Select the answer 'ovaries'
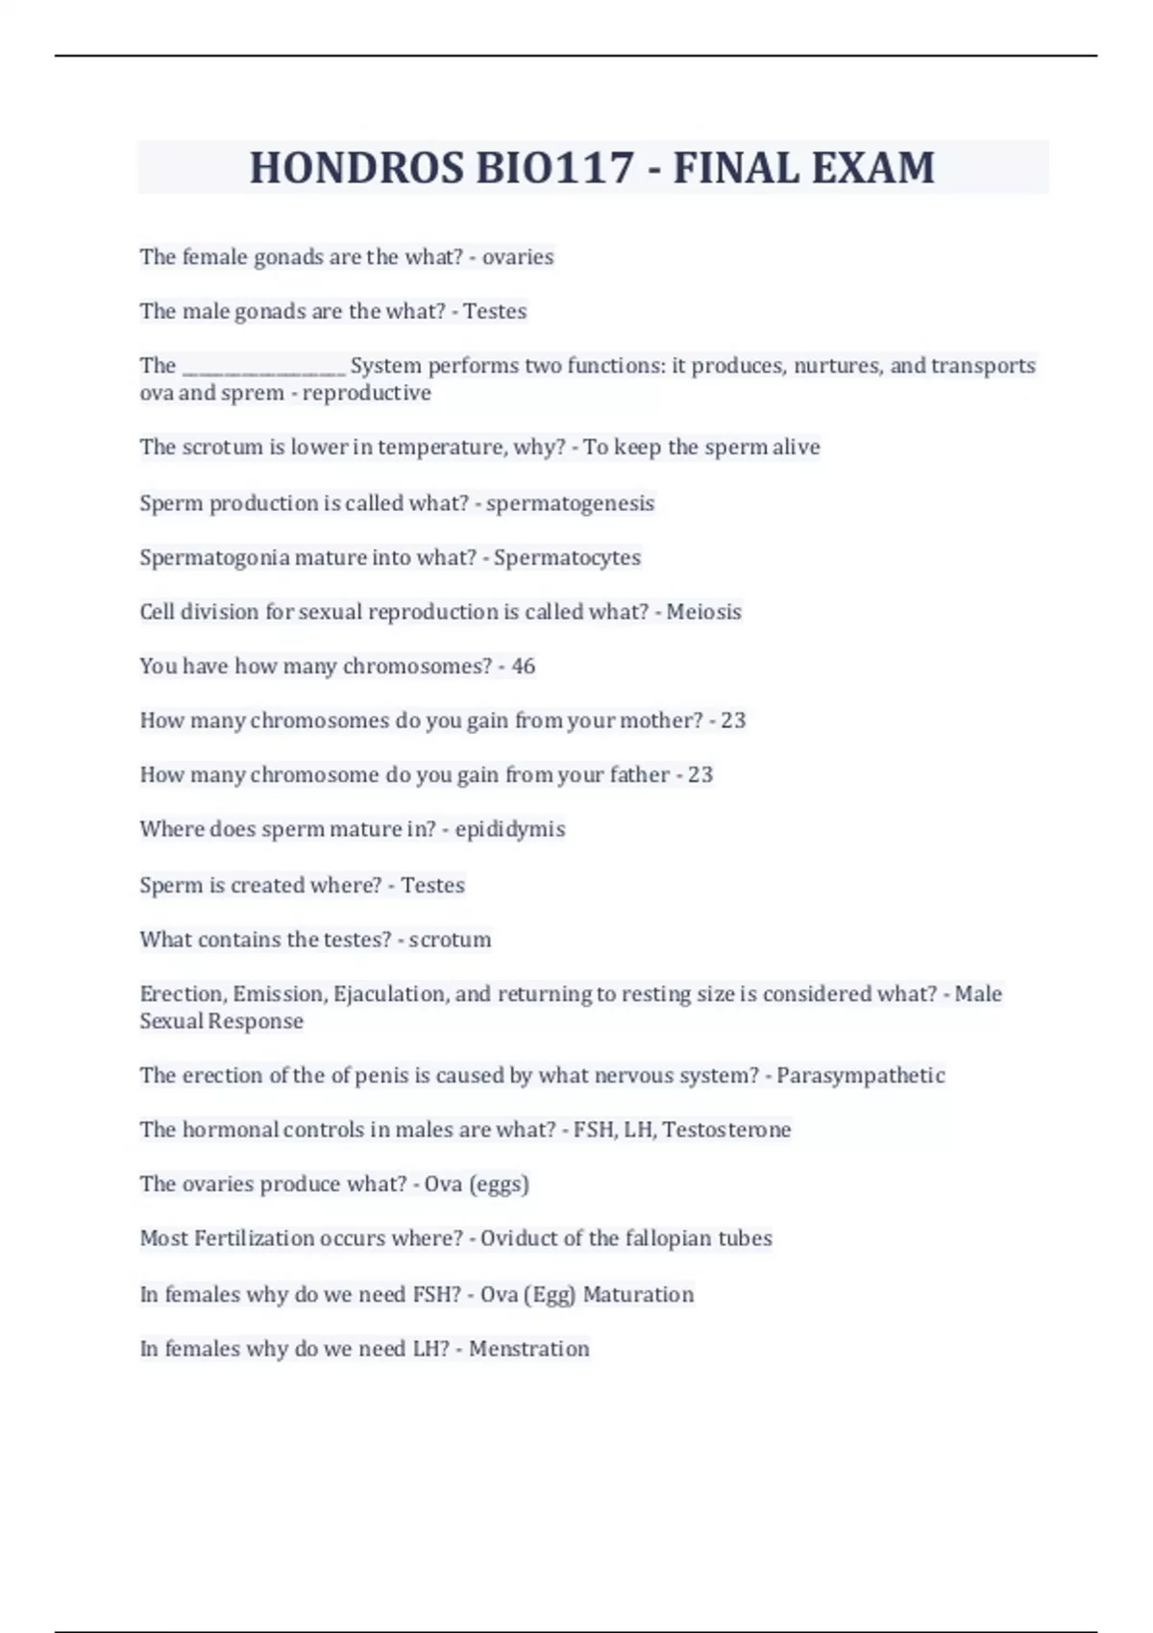[x=518, y=257]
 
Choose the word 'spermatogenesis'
[x=570, y=503]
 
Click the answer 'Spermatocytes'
[x=567, y=558]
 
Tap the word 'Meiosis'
[x=703, y=612]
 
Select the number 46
[x=523, y=667]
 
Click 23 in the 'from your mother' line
[x=733, y=720]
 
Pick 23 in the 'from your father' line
[x=700, y=775]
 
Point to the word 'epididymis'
[x=509, y=830]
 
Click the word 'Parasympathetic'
[x=860, y=1076]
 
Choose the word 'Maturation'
[x=638, y=1295]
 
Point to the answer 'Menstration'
[x=528, y=1349]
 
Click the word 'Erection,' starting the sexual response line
[x=183, y=994]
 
